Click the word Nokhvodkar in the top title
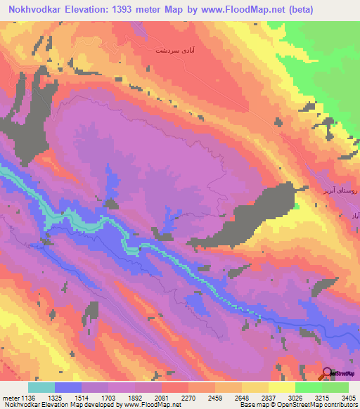click(34, 10)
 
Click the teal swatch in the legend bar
click(41, 387)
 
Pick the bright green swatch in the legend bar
click(308, 387)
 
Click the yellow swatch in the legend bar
click(281, 387)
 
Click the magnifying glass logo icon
click(327, 373)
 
